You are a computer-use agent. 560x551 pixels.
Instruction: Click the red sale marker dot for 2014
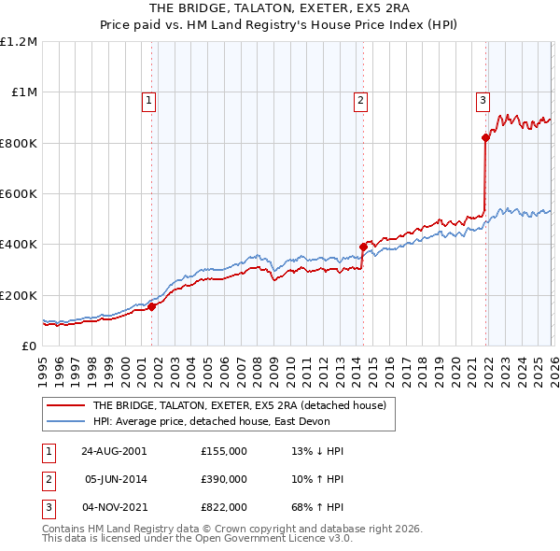click(x=362, y=247)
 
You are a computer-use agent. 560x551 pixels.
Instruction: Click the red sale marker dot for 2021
click(x=485, y=138)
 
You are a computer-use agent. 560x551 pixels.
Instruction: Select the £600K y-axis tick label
click(x=19, y=194)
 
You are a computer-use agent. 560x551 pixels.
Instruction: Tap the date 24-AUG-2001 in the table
click(x=114, y=450)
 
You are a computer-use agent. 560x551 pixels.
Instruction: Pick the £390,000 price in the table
click(x=224, y=479)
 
